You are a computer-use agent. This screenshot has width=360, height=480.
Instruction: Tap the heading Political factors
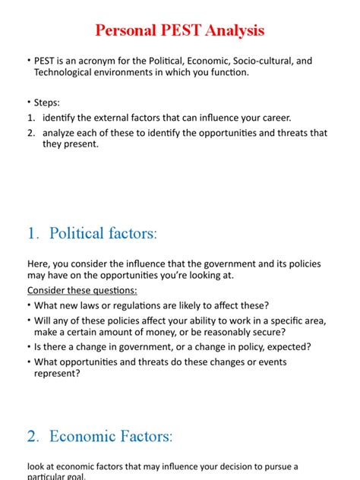click(x=103, y=233)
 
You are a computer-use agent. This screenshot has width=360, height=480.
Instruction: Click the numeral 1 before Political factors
click(x=31, y=233)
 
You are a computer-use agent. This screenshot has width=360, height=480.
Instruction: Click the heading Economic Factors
click(x=111, y=436)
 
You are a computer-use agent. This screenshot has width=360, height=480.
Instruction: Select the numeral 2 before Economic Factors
click(x=32, y=436)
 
